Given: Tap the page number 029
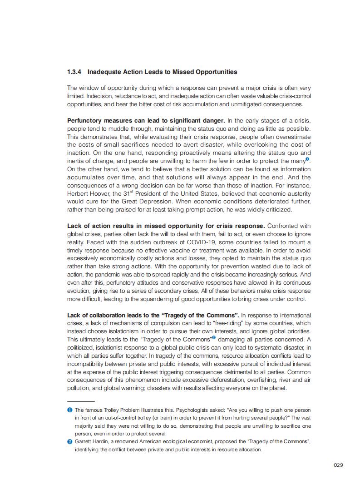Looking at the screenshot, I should point(338,465).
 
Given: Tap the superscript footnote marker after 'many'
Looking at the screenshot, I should point(307,159).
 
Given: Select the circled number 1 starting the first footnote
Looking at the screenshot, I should point(69,410).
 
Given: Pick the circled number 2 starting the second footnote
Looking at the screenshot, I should point(69,441).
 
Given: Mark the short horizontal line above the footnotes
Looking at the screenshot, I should point(81,402).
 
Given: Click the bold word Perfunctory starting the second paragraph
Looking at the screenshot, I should point(86,120).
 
